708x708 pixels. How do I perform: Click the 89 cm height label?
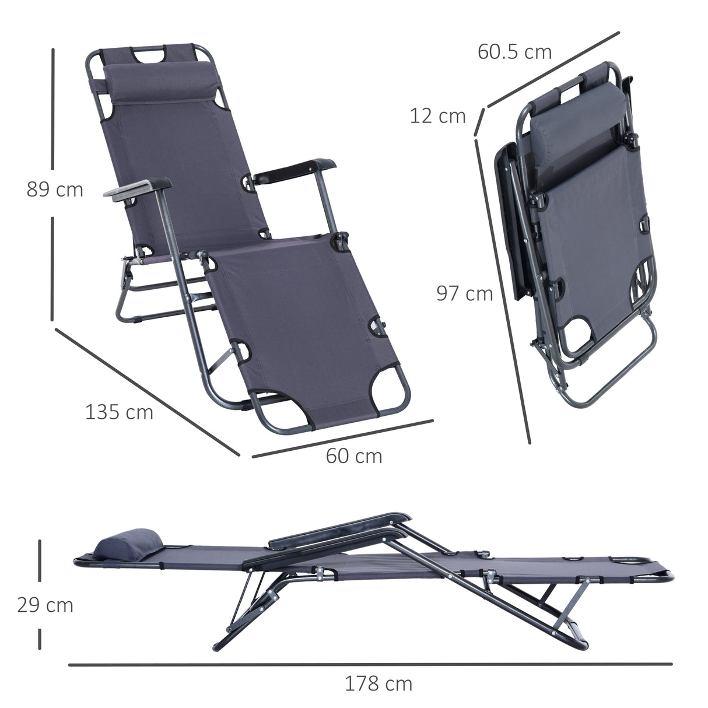click(x=55, y=190)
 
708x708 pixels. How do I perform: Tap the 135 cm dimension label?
click(x=119, y=412)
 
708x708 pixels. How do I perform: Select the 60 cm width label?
click(x=354, y=455)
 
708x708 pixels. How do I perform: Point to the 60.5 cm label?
click(x=514, y=52)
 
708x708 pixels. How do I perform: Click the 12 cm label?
click(x=437, y=116)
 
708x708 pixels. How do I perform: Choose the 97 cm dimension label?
click(x=465, y=293)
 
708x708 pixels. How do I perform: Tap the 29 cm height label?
click(x=45, y=605)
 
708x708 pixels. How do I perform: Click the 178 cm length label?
click(x=378, y=683)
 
